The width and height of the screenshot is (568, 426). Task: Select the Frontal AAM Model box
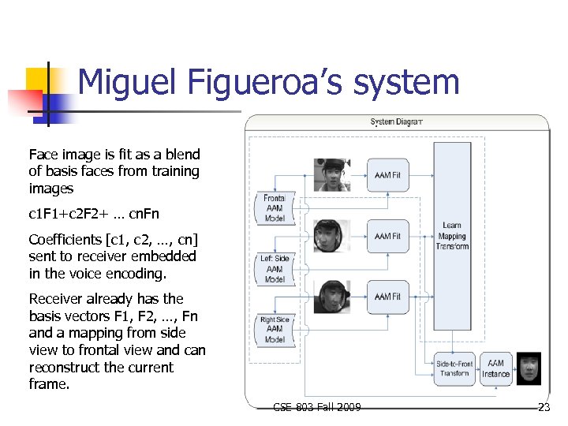point(275,208)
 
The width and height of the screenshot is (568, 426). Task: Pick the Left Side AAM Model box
point(275,268)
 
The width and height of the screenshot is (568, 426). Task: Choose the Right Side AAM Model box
point(275,329)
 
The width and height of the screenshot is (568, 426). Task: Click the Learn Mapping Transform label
point(452,236)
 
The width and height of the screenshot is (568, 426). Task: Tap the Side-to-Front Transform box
point(454,368)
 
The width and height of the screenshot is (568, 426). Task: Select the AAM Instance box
point(496,368)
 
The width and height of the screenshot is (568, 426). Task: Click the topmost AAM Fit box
point(388,175)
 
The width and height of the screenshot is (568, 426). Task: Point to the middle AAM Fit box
point(388,236)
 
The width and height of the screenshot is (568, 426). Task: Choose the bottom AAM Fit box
point(388,297)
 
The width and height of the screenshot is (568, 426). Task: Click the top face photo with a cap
point(332,175)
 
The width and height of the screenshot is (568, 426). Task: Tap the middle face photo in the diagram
point(331,236)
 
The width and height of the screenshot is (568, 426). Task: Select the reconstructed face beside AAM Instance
point(529,368)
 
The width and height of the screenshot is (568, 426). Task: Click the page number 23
point(544,407)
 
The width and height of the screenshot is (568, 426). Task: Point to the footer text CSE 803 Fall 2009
point(317,407)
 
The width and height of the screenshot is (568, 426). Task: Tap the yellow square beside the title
point(38,80)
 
